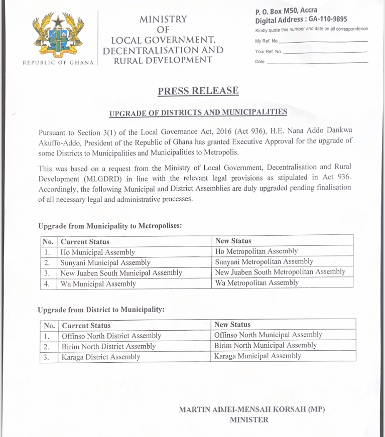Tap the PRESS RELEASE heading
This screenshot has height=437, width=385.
198,91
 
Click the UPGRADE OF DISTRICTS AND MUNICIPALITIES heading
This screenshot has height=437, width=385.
198,112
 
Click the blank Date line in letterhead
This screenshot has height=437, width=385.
317,62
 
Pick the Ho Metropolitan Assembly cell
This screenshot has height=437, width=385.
256,251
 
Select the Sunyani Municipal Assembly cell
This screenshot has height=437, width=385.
105,262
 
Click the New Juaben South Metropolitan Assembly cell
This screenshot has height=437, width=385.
280,272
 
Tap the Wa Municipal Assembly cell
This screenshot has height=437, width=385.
98,284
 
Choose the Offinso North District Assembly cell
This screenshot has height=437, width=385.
111,336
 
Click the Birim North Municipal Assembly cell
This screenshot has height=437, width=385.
266,345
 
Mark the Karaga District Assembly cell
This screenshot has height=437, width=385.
101,357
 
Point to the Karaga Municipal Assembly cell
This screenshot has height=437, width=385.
258,356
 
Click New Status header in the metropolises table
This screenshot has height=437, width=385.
233,241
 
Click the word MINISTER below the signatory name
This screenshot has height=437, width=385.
249,420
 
